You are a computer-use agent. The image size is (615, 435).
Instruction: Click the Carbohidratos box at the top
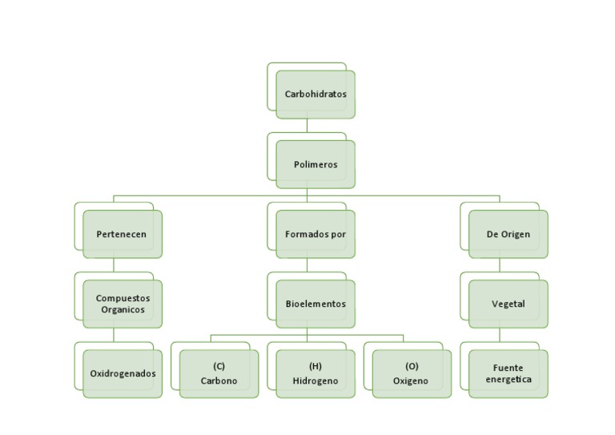[x=316, y=95]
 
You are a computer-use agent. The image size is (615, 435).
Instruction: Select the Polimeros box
[x=316, y=165]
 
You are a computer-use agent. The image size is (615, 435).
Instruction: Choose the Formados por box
[x=316, y=235]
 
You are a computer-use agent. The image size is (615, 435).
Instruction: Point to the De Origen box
[x=508, y=235]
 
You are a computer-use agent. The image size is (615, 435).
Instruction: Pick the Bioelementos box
[x=316, y=304]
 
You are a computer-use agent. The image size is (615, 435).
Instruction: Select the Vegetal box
[x=508, y=304]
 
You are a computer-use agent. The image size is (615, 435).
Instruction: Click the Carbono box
[x=219, y=374]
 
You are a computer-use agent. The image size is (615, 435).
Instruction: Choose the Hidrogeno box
[x=316, y=374]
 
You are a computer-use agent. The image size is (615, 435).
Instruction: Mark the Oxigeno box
[x=411, y=374]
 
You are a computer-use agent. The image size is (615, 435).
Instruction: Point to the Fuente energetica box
[x=508, y=373]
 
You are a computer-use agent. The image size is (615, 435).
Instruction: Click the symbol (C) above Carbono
[x=219, y=366]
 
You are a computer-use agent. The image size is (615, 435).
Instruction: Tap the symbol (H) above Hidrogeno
[x=316, y=366]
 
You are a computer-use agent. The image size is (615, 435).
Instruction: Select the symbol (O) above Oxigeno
[x=412, y=366]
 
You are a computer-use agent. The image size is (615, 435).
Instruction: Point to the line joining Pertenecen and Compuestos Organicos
[x=114, y=265]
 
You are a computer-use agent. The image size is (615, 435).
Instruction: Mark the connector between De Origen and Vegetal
[x=500, y=265]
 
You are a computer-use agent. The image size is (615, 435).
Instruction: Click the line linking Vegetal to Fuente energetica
[x=500, y=335]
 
